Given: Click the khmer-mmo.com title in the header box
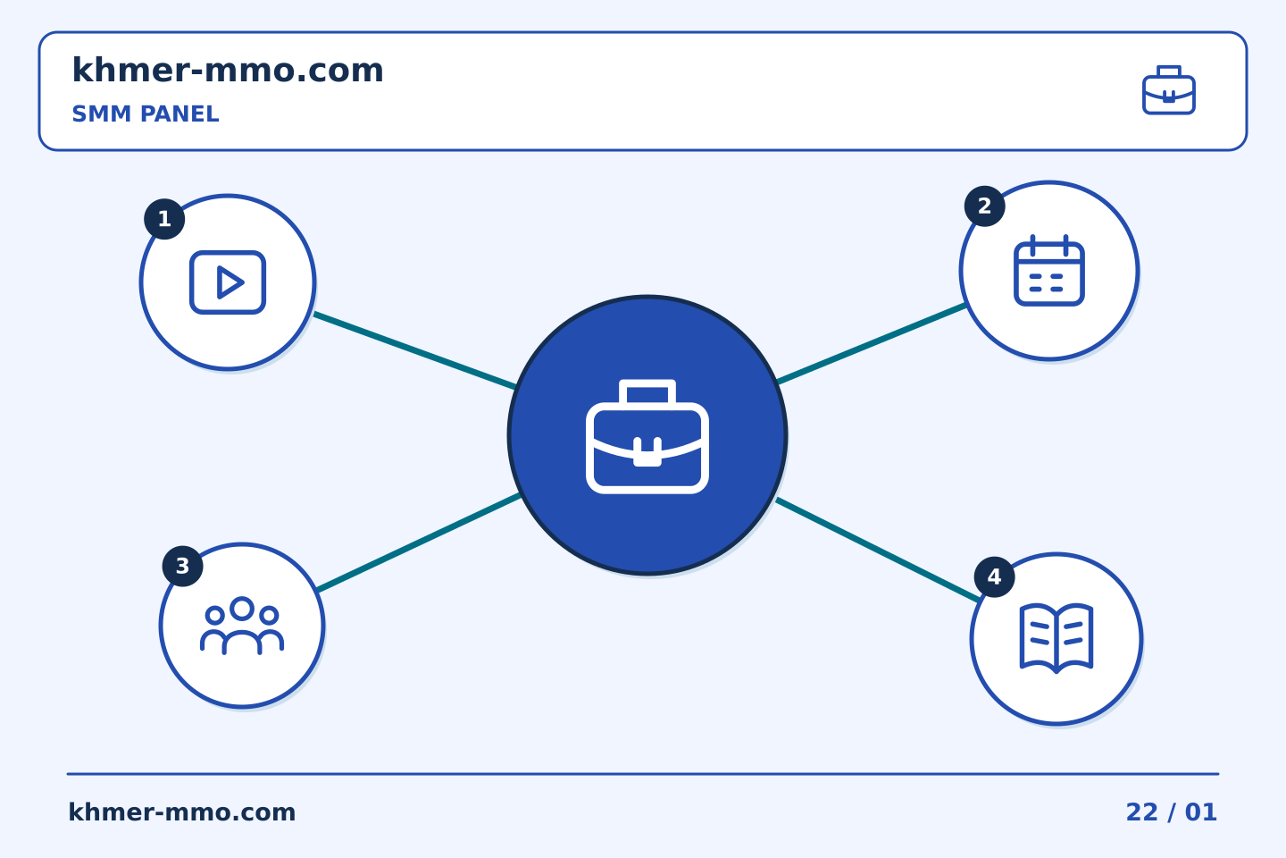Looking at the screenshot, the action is (x=228, y=70).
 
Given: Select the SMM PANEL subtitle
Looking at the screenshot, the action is (x=146, y=114).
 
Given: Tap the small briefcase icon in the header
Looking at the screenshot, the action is (x=1169, y=90).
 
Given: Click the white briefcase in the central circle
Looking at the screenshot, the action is (x=647, y=437).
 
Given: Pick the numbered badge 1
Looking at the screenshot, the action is (x=164, y=219).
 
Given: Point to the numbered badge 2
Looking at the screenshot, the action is (x=984, y=206).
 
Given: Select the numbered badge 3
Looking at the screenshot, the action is (x=182, y=566).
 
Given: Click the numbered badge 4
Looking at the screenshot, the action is (x=994, y=577).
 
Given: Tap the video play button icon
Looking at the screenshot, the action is (x=228, y=282).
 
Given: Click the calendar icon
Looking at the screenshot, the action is (x=1049, y=270).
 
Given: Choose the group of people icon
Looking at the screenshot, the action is (x=242, y=626).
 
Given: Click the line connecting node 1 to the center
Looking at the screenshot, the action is (x=414, y=350).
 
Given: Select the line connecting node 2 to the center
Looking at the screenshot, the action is (x=871, y=344).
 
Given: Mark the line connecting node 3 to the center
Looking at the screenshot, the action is (x=419, y=543).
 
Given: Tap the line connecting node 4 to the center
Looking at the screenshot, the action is (x=878, y=551).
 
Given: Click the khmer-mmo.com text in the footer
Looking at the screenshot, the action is (x=181, y=812).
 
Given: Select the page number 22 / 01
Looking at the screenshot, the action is (x=1171, y=812).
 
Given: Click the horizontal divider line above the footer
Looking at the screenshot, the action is (x=643, y=774).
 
